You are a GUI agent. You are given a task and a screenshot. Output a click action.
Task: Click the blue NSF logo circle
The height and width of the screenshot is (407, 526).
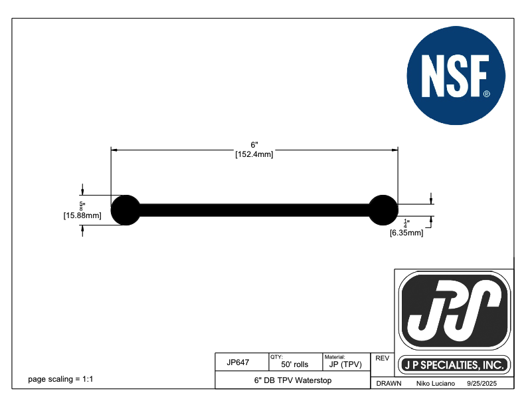click(456, 76)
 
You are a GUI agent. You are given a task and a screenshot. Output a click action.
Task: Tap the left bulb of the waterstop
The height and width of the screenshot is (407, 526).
click(126, 210)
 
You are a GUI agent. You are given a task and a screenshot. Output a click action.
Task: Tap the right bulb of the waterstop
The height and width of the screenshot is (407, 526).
click(383, 210)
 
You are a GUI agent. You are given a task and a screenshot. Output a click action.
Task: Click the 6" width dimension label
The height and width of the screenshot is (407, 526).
click(254, 145)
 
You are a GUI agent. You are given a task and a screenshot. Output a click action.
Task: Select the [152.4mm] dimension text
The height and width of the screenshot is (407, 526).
click(254, 154)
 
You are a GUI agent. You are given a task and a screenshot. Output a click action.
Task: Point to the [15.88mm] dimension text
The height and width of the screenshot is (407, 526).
click(82, 215)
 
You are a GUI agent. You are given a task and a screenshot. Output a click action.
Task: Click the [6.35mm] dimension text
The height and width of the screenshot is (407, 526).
click(406, 233)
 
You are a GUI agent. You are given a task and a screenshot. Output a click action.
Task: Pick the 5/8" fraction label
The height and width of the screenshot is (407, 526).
click(82, 206)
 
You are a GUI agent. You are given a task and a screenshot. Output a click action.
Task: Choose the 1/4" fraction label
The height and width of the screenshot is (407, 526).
click(406, 223)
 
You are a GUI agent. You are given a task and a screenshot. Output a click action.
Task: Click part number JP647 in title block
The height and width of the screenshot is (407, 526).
click(238, 362)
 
